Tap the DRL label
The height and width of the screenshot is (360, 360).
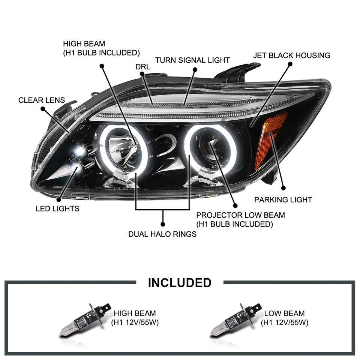pos(143,67)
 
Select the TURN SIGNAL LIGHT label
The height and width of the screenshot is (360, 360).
pos(193,60)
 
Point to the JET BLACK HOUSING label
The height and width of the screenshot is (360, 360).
pos(292,55)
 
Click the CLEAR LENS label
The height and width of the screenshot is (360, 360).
pos(42,100)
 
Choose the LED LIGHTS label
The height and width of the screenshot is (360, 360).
pos(58,208)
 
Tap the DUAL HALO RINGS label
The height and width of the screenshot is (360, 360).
pos(162,234)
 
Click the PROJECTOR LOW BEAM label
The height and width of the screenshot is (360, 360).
pos(240,220)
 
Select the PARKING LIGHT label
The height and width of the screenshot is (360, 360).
pos(283,199)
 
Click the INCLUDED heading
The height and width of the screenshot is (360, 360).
pos(180,282)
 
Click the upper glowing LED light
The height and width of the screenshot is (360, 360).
pos(79,151)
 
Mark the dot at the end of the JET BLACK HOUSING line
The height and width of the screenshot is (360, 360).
pos(300,64)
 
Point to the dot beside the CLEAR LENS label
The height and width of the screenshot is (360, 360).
pos(43,109)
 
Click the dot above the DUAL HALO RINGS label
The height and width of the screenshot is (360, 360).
pos(163,224)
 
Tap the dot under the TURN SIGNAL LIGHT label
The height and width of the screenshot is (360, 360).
pos(195,69)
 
